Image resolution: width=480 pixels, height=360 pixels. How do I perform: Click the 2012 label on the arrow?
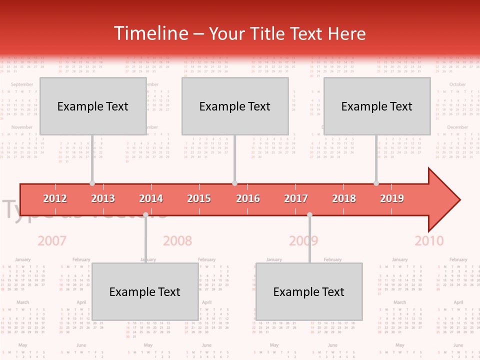point(55,198)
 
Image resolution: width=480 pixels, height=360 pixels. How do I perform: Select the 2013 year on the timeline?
point(103,198)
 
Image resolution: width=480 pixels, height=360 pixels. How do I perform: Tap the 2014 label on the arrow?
point(151,198)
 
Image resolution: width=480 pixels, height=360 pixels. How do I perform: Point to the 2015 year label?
point(199,198)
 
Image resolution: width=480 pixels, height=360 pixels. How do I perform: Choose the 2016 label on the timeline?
point(248,198)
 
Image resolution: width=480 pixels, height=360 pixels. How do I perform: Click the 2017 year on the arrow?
point(296,198)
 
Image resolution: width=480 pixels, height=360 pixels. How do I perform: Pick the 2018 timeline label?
point(344,198)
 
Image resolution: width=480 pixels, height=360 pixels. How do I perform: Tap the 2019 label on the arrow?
point(392,198)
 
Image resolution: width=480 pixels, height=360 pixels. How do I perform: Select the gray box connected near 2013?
point(93,106)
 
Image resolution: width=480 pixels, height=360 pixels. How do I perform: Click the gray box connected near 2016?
point(235,106)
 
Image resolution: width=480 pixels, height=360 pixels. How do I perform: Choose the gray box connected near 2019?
point(377,106)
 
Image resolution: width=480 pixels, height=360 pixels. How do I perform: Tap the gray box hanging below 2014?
point(145,291)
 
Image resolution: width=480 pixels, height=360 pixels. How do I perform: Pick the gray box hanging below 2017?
point(309,291)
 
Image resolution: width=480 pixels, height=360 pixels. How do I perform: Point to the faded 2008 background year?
point(177,241)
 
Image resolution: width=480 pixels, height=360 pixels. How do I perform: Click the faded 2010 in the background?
point(429,241)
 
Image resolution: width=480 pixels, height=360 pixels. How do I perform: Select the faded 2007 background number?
point(52,241)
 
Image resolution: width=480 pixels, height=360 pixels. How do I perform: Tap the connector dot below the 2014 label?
point(146,214)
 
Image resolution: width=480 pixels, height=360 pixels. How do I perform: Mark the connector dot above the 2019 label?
point(376,183)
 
